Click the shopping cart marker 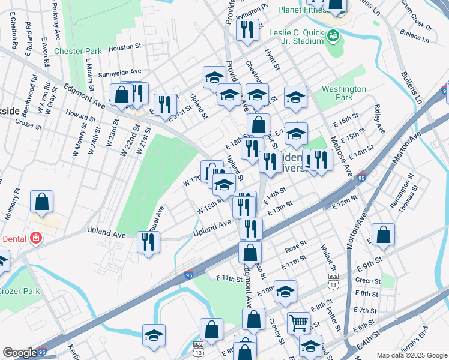tap(298, 323)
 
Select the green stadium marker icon tap(332, 37)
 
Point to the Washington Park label tap(343, 93)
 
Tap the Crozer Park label tap(19, 291)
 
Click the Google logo tap(20, 353)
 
